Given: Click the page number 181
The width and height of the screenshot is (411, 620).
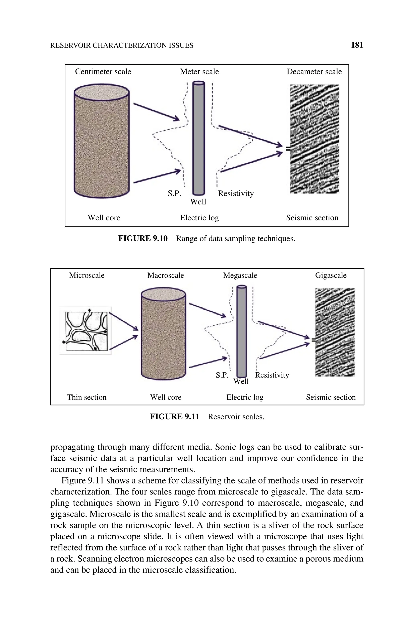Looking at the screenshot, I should [x=357, y=45].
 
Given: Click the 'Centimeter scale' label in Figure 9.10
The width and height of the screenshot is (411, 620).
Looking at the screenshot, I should [x=103, y=72].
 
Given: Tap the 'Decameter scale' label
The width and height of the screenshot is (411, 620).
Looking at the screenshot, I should [x=314, y=72].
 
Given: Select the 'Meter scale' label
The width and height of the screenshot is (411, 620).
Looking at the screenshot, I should [x=199, y=72].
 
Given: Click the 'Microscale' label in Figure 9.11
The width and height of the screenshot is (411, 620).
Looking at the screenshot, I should [x=87, y=276].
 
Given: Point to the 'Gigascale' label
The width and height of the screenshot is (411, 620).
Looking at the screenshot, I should [x=331, y=276].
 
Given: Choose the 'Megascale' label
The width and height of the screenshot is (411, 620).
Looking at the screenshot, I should [x=240, y=276].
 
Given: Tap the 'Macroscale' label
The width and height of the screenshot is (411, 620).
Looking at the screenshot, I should [x=166, y=276].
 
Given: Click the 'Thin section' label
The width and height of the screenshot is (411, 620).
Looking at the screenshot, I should [x=87, y=397].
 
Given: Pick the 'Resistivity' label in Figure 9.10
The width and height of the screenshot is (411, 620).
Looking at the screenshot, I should [x=236, y=193].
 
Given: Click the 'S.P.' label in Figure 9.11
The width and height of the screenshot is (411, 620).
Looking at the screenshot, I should [x=222, y=375].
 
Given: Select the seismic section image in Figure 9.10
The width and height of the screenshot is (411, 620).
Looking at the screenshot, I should [x=314, y=139].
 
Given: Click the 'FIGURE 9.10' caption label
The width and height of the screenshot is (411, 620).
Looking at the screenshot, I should [x=143, y=239].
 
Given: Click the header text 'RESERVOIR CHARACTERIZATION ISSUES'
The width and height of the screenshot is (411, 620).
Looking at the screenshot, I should [x=122, y=46].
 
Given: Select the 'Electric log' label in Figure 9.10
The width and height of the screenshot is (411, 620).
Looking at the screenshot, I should [x=199, y=218].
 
